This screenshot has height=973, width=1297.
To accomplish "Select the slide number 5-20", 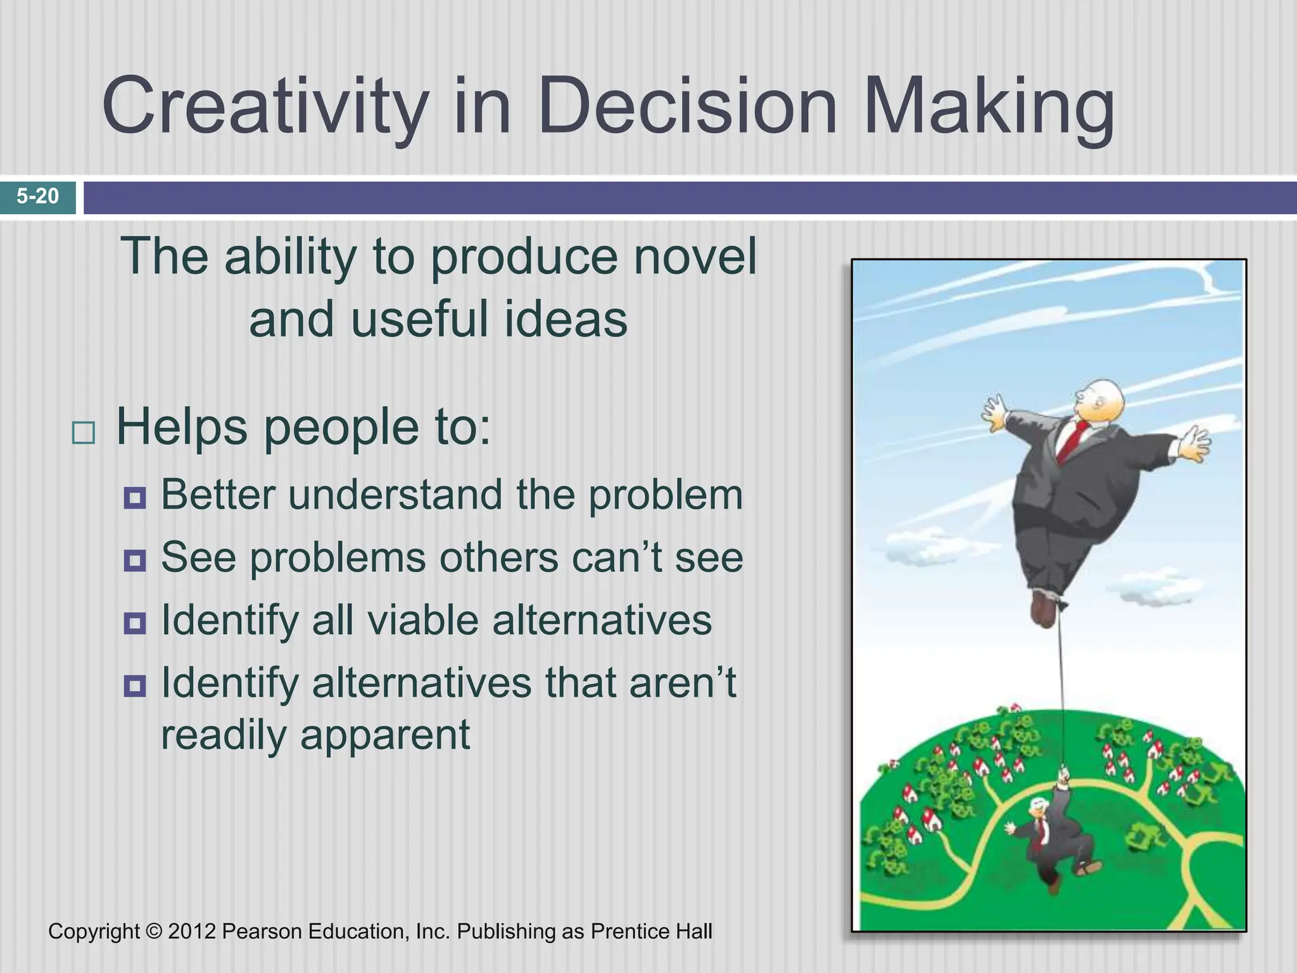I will (38, 196).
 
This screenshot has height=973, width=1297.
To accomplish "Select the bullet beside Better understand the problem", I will (135, 499).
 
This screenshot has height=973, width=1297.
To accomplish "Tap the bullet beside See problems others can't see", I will (135, 561).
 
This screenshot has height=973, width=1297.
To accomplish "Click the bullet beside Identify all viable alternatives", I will (135, 623).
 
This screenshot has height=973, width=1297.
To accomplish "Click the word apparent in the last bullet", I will (384, 734).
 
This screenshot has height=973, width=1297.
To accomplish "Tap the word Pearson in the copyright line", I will (262, 931).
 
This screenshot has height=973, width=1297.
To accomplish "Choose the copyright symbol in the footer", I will (154, 931).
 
